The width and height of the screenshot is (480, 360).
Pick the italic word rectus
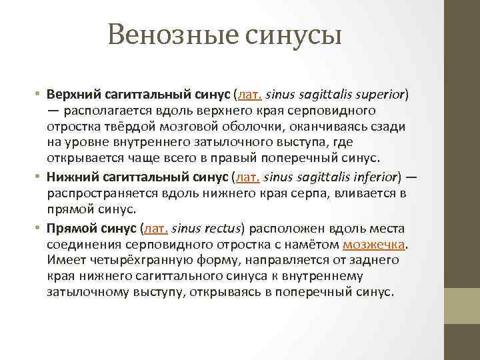point(220,229)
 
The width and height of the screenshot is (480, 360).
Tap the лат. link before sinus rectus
point(155,229)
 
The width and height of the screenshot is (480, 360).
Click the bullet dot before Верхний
point(39,95)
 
